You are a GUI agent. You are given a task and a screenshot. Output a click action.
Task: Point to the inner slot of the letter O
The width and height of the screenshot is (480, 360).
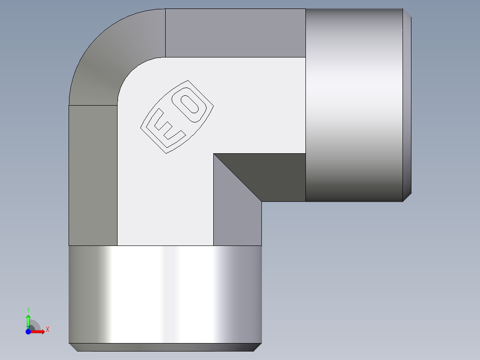192,105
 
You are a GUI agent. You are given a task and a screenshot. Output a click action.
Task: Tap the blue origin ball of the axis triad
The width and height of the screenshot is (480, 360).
28,332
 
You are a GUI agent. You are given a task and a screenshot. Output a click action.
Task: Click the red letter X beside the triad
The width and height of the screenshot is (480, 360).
47,330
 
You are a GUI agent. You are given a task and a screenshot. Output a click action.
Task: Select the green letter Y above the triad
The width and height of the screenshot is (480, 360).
28,310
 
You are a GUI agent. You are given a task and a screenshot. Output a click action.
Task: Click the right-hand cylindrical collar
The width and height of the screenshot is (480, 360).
354,105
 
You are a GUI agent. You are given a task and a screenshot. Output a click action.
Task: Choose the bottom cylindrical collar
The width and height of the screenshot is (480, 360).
165,294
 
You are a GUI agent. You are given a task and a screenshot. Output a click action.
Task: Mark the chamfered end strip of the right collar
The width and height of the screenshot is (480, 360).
407,105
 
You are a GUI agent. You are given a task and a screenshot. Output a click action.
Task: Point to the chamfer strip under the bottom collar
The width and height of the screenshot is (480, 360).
165,347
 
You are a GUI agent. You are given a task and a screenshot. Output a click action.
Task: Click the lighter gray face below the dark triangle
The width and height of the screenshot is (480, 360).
237,214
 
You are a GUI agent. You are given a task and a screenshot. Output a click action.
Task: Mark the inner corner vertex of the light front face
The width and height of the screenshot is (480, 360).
214,154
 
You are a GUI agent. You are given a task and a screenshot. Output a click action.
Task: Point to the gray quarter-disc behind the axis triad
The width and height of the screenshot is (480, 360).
36,325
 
